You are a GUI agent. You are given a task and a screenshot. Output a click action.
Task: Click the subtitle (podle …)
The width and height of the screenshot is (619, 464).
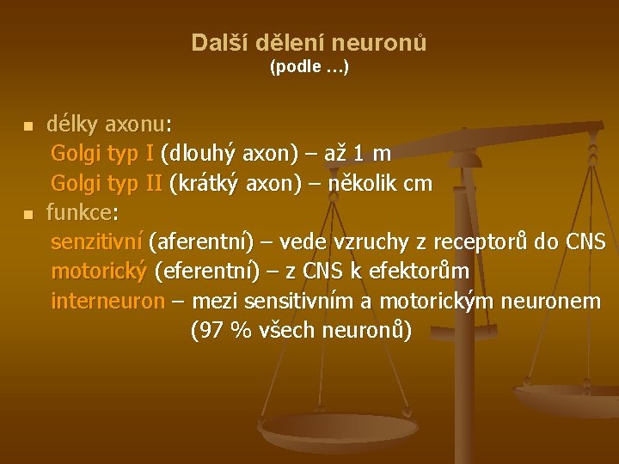309,66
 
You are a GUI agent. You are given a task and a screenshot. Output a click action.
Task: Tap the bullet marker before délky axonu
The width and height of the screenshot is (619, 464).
28,126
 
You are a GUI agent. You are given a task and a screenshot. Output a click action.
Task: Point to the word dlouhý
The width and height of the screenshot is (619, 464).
205,154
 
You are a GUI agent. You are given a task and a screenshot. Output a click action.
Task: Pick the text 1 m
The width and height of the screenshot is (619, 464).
371,154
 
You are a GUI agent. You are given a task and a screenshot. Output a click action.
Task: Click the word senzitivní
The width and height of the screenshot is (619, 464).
97,242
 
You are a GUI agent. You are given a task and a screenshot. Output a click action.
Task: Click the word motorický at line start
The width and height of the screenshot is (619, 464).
100,272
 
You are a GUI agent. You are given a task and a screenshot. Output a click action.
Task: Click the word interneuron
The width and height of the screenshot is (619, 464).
107,301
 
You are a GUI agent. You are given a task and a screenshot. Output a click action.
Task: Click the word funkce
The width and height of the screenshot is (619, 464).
79,213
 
